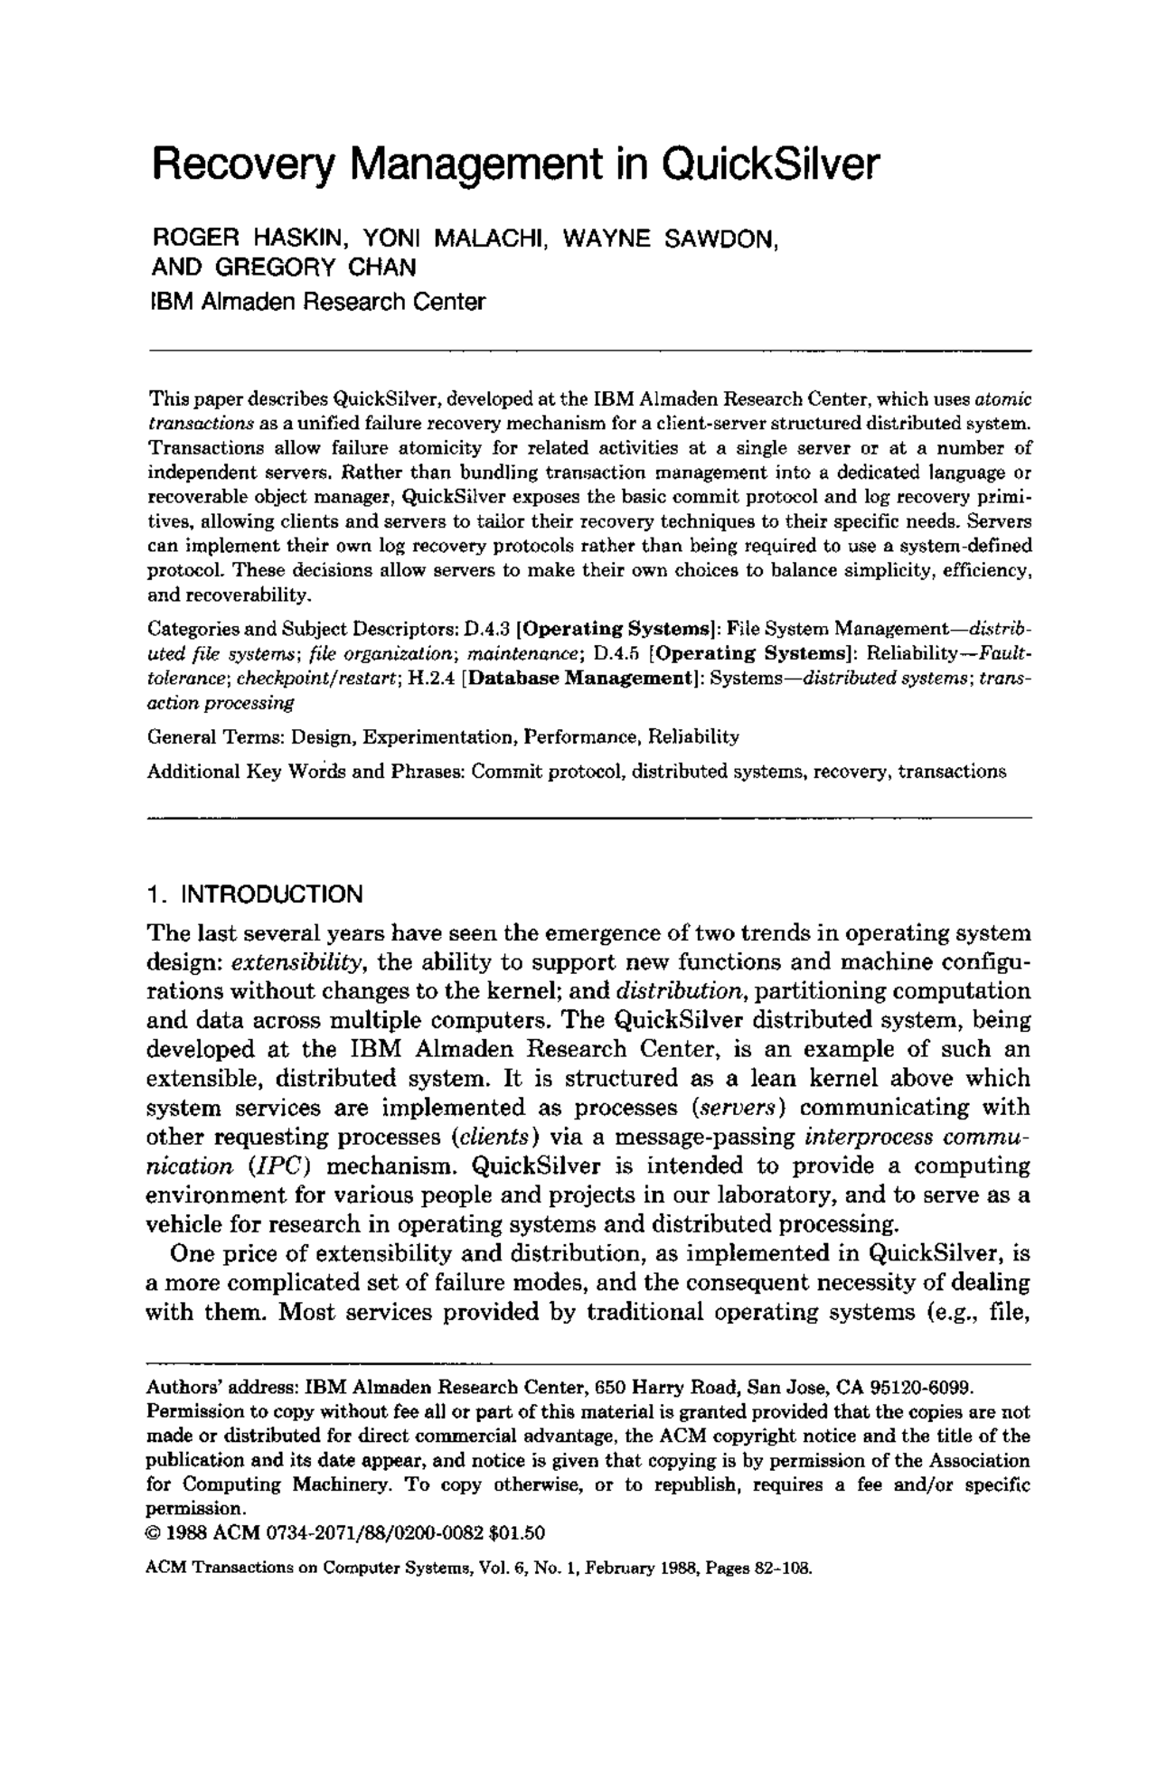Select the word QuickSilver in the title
click(x=769, y=164)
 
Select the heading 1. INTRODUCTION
click(x=255, y=894)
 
